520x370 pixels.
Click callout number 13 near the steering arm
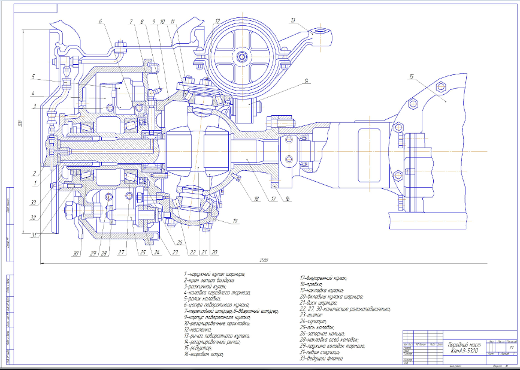point(293,20)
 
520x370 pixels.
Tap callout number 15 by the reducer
point(412,77)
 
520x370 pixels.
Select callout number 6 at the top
point(101,22)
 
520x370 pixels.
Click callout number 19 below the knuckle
point(235,221)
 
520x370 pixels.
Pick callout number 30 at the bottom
point(76,254)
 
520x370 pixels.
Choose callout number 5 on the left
point(34,77)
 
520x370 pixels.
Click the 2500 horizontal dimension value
point(264,260)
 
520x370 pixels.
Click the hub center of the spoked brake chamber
point(243,56)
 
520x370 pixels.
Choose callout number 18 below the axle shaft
point(256,198)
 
